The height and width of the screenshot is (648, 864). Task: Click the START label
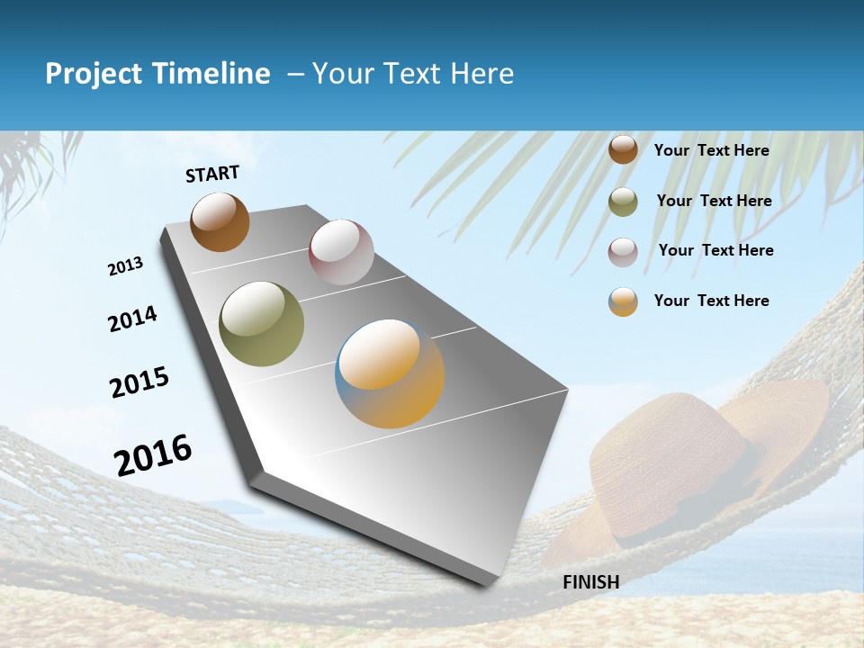(x=212, y=174)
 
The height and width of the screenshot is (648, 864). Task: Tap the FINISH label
(x=590, y=582)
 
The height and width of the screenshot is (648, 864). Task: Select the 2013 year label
(x=126, y=266)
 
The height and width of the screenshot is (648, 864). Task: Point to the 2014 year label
(x=132, y=319)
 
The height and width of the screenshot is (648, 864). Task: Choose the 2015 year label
(x=139, y=382)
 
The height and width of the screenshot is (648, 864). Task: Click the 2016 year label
(x=153, y=455)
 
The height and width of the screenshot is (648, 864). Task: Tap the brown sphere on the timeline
(x=220, y=222)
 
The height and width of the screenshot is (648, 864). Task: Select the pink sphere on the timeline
(x=341, y=252)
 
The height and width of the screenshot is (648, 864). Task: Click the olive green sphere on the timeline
(x=262, y=324)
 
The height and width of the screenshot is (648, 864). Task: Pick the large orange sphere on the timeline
(x=390, y=373)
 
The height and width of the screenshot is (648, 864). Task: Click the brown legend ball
(x=623, y=150)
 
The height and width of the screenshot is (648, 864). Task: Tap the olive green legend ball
(x=623, y=202)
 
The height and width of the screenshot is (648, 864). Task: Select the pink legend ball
(x=623, y=252)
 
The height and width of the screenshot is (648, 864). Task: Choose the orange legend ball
(x=623, y=301)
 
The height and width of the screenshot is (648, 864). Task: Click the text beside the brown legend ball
(x=711, y=151)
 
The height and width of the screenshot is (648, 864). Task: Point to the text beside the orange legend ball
(x=711, y=301)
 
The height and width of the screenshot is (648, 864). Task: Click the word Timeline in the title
(x=212, y=74)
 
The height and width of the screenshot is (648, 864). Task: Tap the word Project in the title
(x=94, y=74)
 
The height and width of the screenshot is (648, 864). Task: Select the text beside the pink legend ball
(x=715, y=250)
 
